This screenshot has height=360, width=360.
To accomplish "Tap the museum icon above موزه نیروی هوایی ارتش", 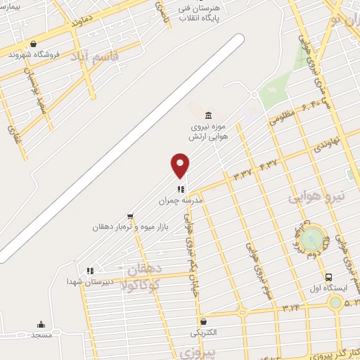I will (207, 115).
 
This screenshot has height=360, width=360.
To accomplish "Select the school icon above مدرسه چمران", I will (181, 188).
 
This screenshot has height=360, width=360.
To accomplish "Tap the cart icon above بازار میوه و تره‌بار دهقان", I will (130, 217).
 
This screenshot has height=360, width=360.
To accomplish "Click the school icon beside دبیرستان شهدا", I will (89, 270).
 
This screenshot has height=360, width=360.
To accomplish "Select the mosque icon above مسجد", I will (41, 324).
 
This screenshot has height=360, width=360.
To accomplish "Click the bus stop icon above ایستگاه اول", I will (328, 277).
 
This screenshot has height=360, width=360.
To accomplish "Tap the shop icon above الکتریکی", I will (202, 321).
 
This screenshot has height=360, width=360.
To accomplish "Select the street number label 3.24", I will (290, 308).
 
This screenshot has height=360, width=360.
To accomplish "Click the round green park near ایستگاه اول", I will (314, 236).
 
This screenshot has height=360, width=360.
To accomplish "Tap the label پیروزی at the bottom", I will (196, 349).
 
